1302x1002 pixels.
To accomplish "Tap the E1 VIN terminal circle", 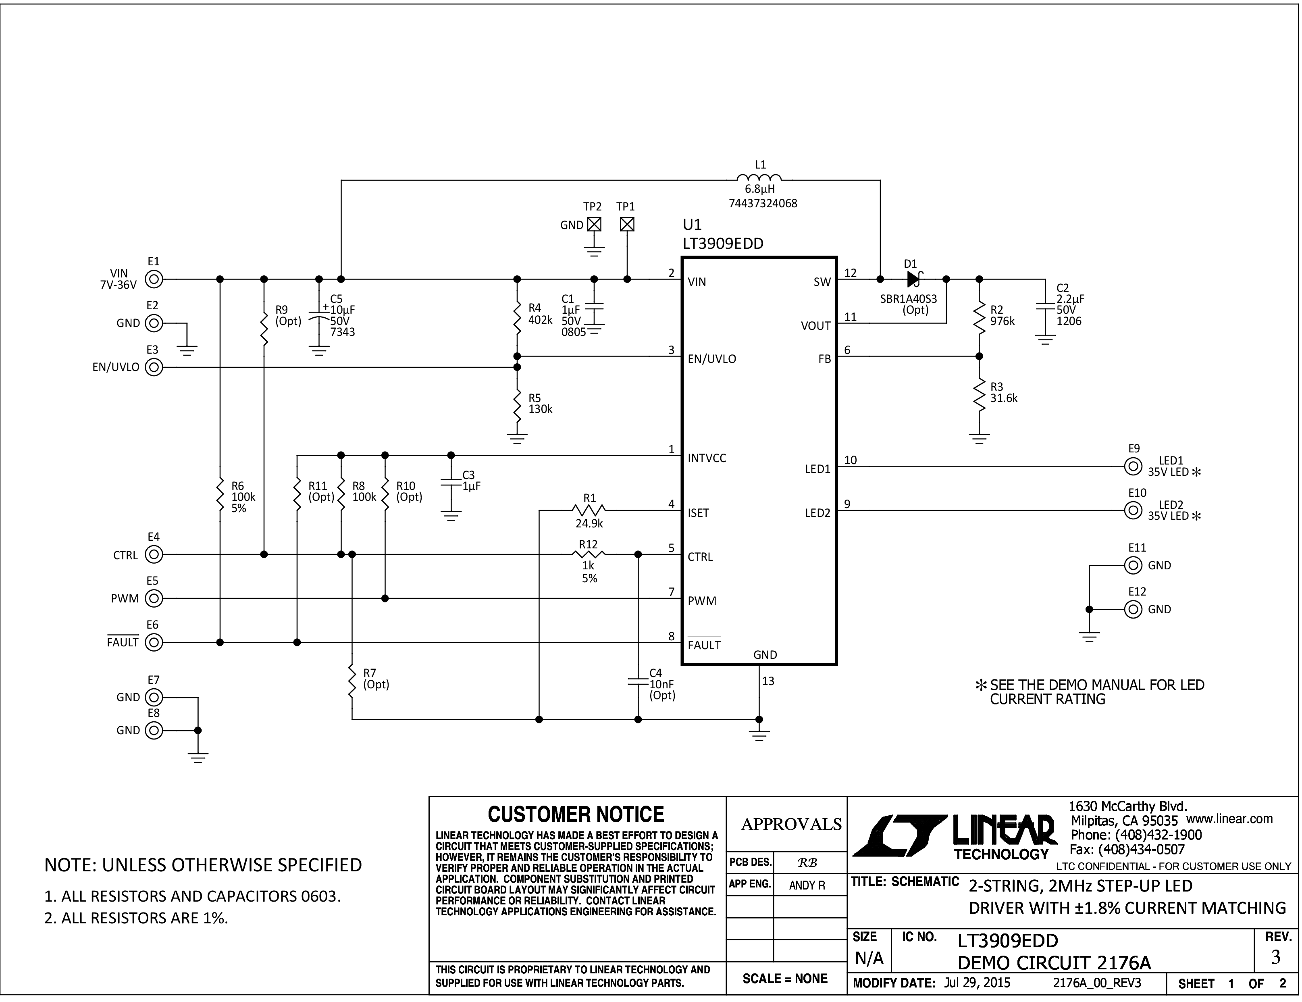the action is [x=154, y=279].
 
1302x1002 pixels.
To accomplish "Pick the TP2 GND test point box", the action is [x=594, y=224].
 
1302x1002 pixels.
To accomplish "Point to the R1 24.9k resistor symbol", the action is [x=589, y=510].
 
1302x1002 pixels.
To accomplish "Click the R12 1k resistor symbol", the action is [x=589, y=554].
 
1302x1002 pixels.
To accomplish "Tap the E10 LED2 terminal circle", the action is [x=1133, y=510].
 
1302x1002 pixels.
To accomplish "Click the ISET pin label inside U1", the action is [x=699, y=513].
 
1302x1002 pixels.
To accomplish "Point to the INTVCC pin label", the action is [x=707, y=458].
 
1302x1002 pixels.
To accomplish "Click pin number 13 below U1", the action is [x=768, y=681].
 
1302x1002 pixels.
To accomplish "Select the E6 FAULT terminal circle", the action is [x=154, y=642].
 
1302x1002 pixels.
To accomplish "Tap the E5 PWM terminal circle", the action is [x=154, y=598].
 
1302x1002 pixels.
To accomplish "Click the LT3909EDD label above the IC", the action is [x=723, y=244].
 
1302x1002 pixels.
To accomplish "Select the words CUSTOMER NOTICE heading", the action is [x=576, y=814].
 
